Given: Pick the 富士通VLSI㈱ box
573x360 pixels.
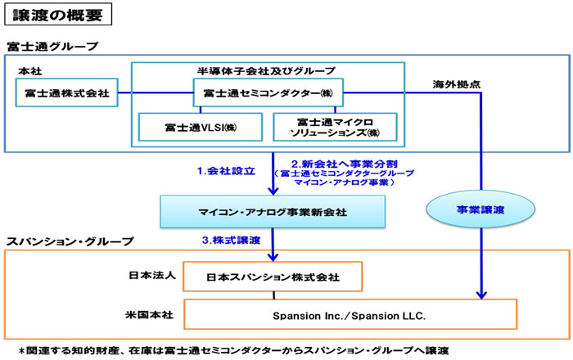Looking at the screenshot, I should tap(199, 126).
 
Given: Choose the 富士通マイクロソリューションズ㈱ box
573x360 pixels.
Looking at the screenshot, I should tap(335, 126).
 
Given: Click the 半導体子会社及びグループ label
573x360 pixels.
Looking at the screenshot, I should tap(267, 70).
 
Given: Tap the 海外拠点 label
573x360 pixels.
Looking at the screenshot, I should tap(453, 84).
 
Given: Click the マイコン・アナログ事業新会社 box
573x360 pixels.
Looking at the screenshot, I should tap(272, 212).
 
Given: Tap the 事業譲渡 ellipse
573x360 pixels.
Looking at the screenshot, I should tap(481, 210).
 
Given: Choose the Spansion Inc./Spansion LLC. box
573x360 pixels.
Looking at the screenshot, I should tap(350, 314).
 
